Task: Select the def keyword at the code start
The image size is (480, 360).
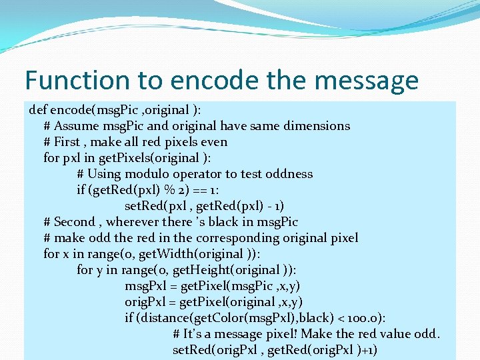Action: pyautogui.click(x=39, y=109)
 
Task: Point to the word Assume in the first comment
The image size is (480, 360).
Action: pyautogui.click(x=77, y=126)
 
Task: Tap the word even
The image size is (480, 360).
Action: pyautogui.click(x=213, y=142)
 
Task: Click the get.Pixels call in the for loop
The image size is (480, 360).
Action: pyautogui.click(x=121, y=158)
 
